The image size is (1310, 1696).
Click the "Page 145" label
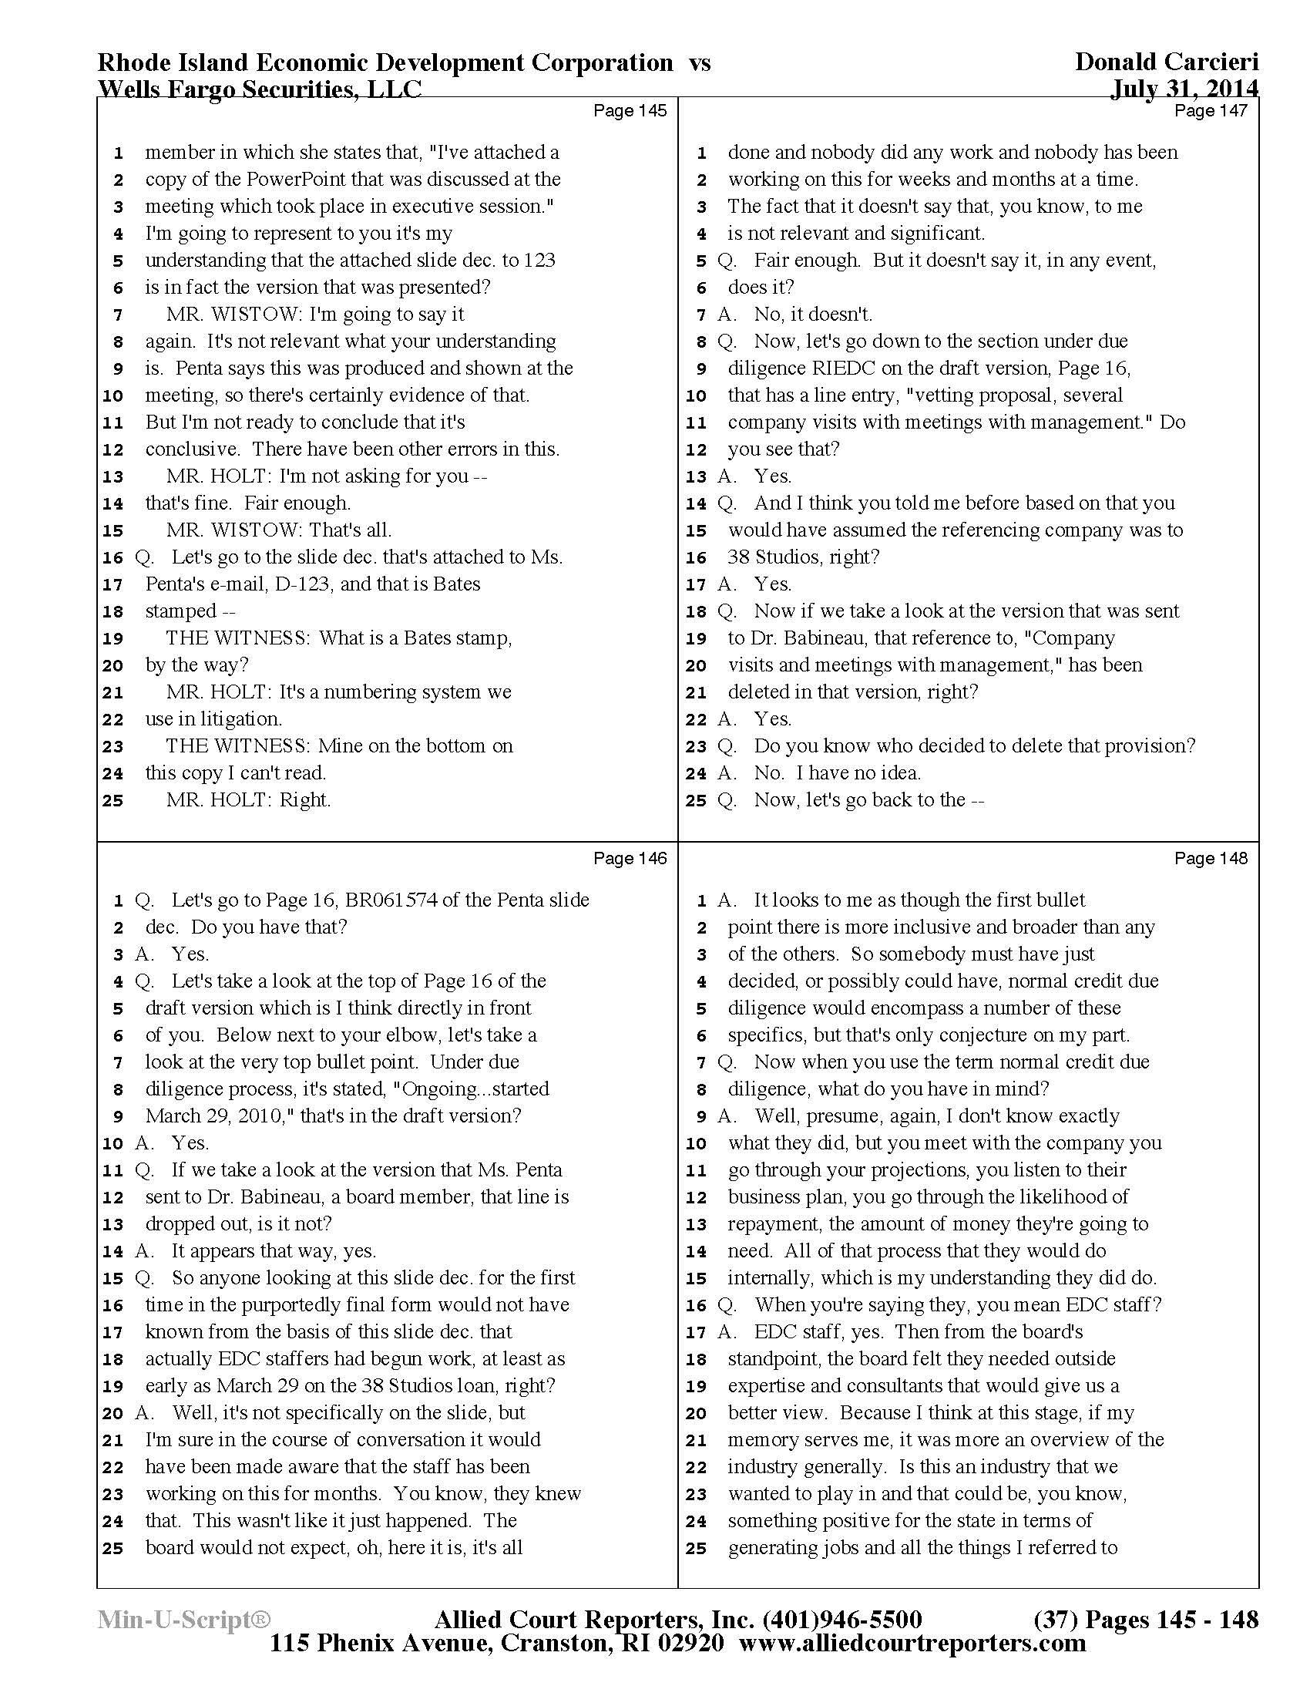click(630, 110)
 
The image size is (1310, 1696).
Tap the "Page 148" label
click(1211, 858)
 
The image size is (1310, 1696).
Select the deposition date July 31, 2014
click(1184, 89)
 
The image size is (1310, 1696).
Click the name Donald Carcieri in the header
click(1167, 62)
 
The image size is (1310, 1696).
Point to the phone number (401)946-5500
click(843, 1620)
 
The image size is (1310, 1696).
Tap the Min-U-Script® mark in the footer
click(184, 1620)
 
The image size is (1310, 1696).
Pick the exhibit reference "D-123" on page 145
click(302, 584)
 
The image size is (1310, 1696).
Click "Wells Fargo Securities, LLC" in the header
click(259, 89)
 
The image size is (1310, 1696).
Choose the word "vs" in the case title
click(699, 62)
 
